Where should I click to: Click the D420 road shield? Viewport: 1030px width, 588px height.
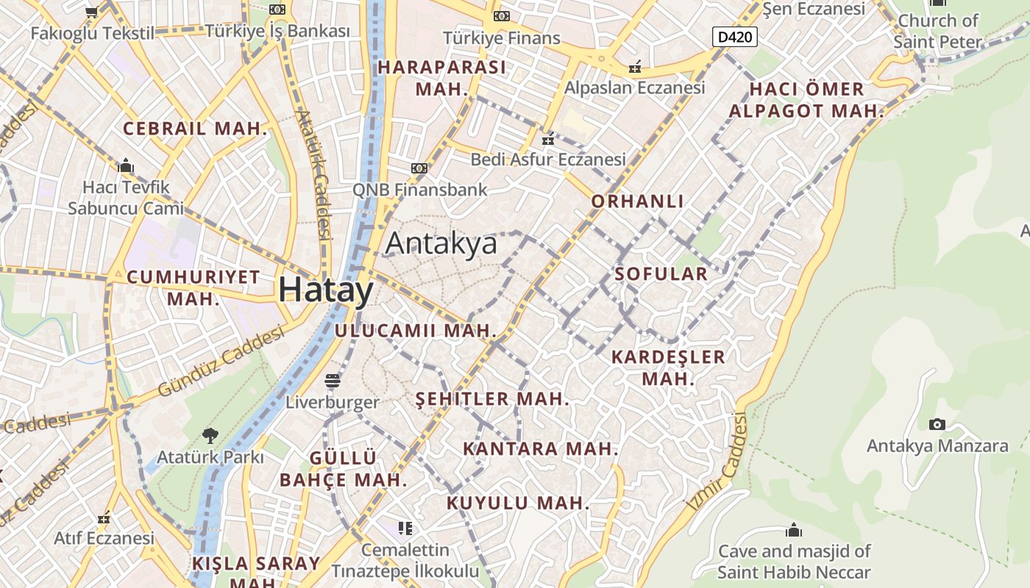734,36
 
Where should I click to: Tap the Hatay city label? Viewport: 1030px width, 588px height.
326,290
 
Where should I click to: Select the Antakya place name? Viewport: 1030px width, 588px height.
441,243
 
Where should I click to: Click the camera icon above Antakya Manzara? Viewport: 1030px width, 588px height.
937,424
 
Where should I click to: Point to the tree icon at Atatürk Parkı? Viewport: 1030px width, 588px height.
210,435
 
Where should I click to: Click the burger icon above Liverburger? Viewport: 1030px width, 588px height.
333,381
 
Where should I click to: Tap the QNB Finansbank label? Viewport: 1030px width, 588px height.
419,189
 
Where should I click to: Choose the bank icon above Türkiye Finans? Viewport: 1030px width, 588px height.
502,16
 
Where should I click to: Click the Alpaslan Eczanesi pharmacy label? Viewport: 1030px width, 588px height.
634,87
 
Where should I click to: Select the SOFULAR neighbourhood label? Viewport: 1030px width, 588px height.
661,274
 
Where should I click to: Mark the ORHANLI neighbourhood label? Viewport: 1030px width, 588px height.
638,201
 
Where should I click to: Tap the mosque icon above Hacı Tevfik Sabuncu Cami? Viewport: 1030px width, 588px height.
126,165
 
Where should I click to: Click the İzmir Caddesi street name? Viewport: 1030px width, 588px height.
717,463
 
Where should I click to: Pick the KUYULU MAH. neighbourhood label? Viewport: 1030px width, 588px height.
518,503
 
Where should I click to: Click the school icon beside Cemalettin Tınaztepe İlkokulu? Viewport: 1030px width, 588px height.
405,528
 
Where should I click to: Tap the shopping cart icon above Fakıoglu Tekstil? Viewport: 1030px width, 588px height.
92,12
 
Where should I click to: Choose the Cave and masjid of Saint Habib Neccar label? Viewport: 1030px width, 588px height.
794,562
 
